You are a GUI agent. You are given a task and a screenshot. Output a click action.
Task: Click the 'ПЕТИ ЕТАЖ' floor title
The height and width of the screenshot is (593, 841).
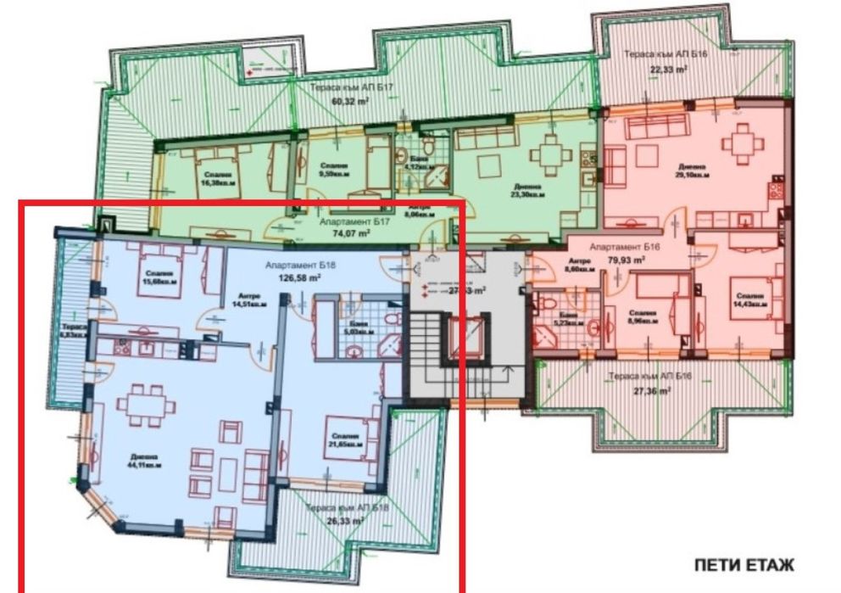pos(744,565)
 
